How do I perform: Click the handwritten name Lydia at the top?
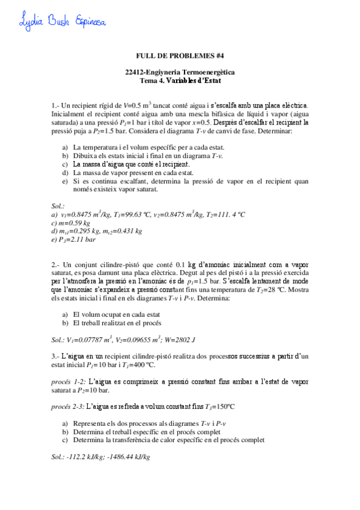click(23, 21)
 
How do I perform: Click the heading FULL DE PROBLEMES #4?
click(180, 56)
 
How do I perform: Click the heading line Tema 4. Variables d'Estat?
click(180, 79)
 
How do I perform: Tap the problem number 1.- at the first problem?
click(56, 106)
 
